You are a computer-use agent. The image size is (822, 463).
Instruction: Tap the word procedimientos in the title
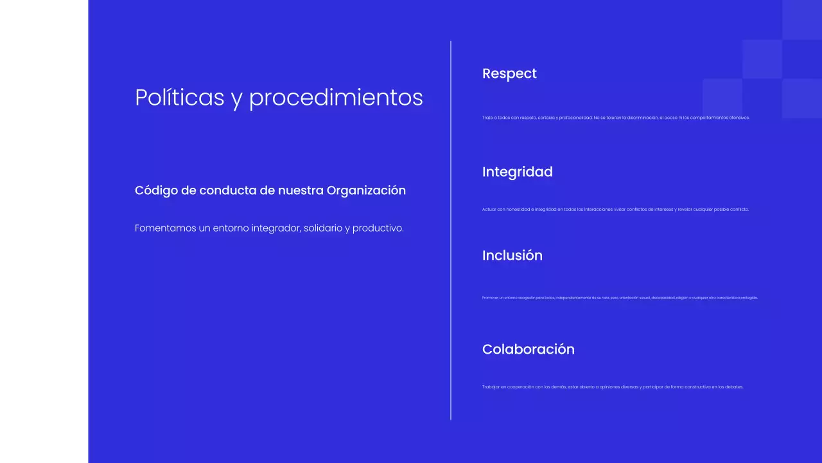point(336,98)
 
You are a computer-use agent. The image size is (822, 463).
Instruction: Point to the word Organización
point(366,190)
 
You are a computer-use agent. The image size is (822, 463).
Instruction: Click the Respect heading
point(509,74)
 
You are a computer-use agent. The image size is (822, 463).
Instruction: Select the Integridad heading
point(517,172)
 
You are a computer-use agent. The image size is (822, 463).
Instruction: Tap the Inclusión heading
point(512,255)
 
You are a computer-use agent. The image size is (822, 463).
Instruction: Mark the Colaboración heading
point(528,349)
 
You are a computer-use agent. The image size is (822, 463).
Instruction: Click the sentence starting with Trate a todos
point(615,118)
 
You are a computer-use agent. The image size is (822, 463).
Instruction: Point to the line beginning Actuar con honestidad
point(615,210)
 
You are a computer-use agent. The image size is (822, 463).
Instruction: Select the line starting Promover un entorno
point(620,298)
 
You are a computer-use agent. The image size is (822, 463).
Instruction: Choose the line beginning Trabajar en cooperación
point(613,387)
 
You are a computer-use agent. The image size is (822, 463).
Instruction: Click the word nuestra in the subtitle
point(301,190)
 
